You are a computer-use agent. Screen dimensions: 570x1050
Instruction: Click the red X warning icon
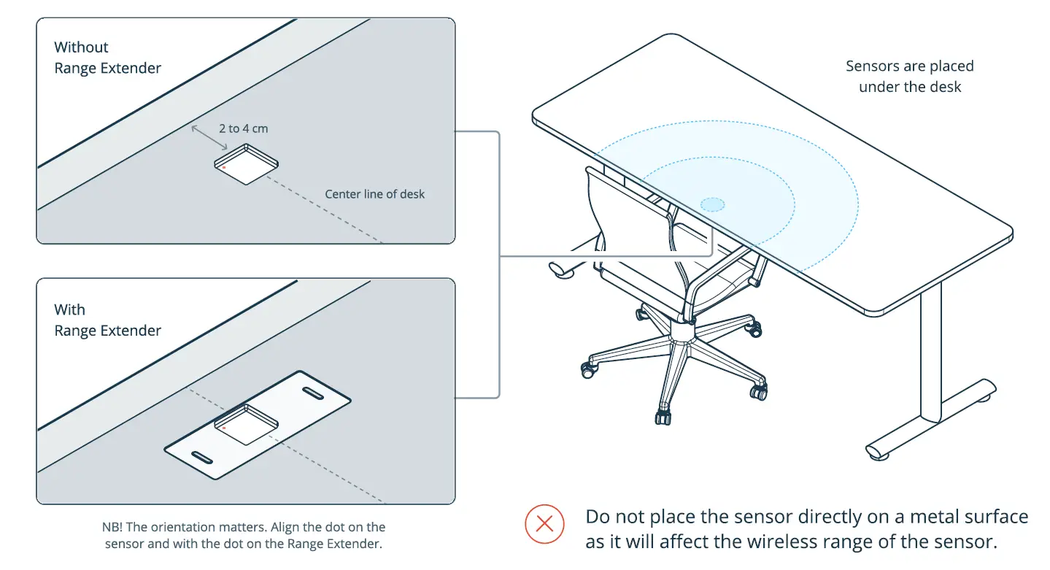[544, 523]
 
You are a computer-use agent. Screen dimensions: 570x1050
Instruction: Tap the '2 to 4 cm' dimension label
[243, 128]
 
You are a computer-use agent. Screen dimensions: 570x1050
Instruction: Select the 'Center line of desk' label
[374, 194]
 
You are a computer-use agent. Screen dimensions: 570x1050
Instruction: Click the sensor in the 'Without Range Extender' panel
[247, 165]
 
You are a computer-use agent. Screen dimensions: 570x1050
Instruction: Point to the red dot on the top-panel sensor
[224, 167]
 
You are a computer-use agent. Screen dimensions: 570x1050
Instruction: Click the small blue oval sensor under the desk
[712, 204]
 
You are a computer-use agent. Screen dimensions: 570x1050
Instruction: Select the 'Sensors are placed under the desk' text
[909, 77]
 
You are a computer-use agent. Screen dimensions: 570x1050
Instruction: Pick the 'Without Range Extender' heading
[107, 58]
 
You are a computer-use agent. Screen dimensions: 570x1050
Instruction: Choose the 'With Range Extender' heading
[107, 320]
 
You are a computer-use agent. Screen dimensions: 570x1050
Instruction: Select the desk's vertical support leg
[930, 350]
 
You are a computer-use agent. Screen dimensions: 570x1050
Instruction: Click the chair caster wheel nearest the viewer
[663, 417]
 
